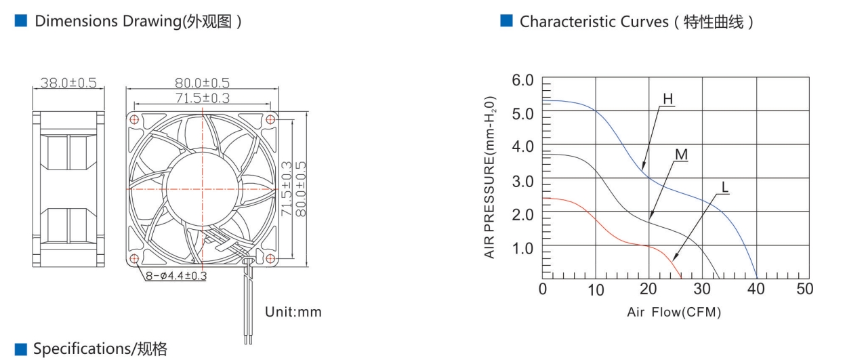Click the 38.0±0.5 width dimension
coord(68,83)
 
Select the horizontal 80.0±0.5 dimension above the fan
coord(202,83)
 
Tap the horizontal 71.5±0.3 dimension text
coord(203,98)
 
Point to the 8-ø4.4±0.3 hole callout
coord(176,276)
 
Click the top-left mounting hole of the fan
coord(134,120)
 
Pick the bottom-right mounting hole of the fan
coord(270,258)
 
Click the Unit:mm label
coord(293,312)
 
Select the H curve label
coord(667,99)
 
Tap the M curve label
coord(681,155)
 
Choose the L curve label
coord(724,187)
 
